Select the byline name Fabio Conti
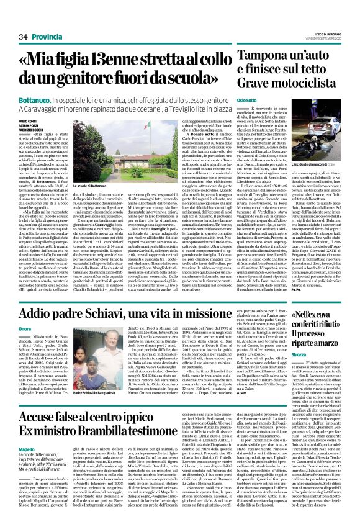pyautogui.click(x=19, y=120)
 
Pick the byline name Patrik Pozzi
pyautogui.click(x=19, y=124)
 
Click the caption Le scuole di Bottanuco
pyautogui.click(x=90, y=185)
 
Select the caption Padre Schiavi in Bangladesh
pyautogui.click(x=81, y=394)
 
